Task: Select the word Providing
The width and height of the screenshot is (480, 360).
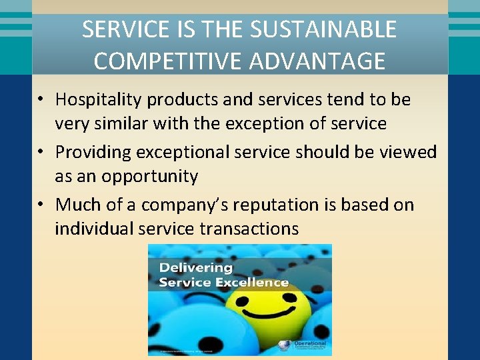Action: pyautogui.click(x=93, y=152)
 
